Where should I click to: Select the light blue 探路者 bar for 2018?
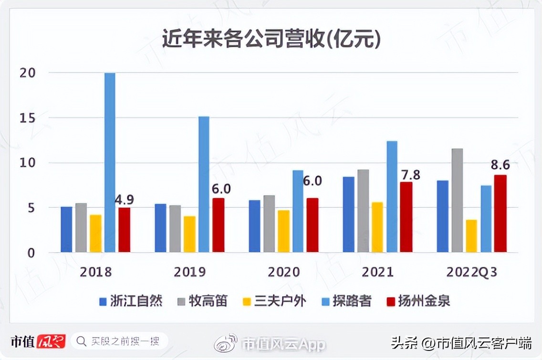(110, 162)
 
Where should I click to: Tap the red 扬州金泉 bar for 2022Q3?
(500, 213)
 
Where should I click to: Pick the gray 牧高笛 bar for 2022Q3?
(457, 201)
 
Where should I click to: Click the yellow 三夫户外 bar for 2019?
(189, 234)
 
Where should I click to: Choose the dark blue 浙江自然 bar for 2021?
(349, 214)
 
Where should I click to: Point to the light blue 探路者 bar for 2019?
(204, 184)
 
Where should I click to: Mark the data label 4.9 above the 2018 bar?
(125, 199)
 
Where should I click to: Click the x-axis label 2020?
(284, 272)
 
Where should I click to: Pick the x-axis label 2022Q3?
(472, 272)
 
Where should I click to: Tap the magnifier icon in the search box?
(82, 341)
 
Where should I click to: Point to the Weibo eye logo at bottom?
(225, 343)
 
